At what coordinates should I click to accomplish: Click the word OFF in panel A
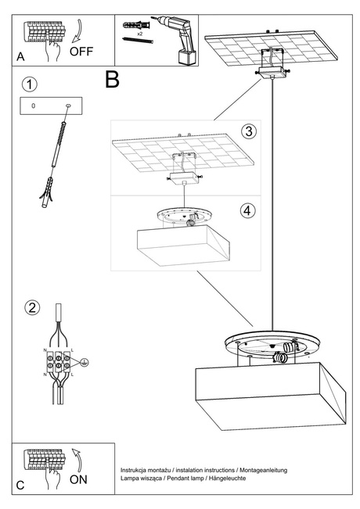[x=82, y=52]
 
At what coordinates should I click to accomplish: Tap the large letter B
[x=112, y=79]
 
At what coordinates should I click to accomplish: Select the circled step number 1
[x=29, y=84]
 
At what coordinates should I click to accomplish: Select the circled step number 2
[x=31, y=306]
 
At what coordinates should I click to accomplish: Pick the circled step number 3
[x=247, y=131]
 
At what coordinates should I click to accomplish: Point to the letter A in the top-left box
[x=21, y=57]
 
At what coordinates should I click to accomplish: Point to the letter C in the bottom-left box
[x=21, y=485]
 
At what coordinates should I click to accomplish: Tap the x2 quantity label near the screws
[x=139, y=35]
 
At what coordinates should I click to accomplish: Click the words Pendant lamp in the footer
[x=186, y=478]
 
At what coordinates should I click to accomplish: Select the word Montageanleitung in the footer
[x=259, y=469]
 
